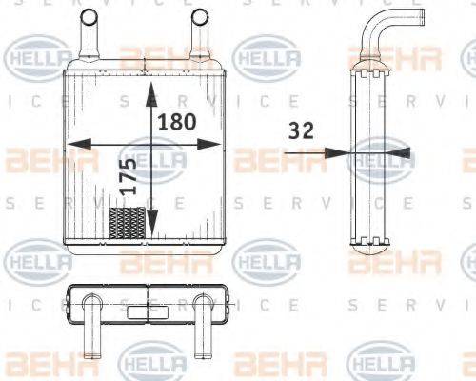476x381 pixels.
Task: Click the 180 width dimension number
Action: click(178, 122)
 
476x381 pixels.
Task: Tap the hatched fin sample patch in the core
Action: click(129, 225)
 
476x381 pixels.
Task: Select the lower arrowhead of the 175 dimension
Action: click(150, 232)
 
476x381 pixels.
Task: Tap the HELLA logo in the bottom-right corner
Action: click(381, 363)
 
